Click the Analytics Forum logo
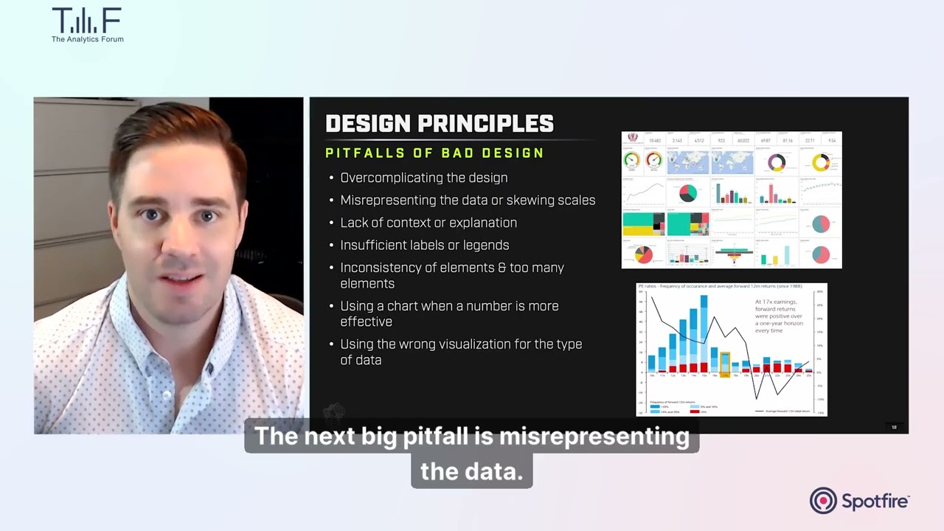(x=87, y=24)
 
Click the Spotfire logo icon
(x=823, y=501)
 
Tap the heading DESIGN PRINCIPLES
(x=440, y=124)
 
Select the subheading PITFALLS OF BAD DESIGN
(x=434, y=153)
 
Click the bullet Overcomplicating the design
(x=423, y=178)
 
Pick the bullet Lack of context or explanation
(x=428, y=223)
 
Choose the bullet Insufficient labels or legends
(x=424, y=245)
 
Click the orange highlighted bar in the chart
(x=725, y=364)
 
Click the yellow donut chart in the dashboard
(x=820, y=162)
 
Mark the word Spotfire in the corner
(x=875, y=502)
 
